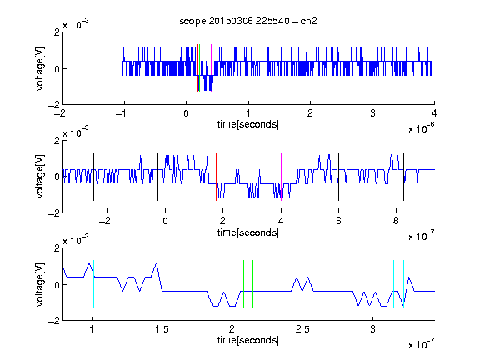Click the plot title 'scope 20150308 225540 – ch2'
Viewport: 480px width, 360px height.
[x=248, y=21]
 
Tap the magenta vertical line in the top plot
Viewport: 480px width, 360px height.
[x=211, y=68]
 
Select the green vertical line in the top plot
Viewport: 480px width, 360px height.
[x=200, y=68]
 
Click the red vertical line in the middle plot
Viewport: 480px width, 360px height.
[x=216, y=177]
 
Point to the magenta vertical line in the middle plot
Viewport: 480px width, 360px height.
[x=281, y=177]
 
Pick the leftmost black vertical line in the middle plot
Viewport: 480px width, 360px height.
[x=93, y=177]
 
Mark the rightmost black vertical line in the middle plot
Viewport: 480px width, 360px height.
[x=403, y=177]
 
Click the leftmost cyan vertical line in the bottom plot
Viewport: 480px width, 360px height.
[x=93, y=284]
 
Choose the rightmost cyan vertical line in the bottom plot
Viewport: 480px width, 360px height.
[x=404, y=284]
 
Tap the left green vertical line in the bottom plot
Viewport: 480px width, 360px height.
[x=243, y=284]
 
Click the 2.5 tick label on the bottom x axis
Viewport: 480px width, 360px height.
[x=302, y=329]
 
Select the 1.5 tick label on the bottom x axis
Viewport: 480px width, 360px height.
[x=162, y=329]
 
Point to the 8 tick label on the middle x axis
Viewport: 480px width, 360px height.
[x=396, y=221]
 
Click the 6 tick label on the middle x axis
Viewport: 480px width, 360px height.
[x=338, y=221]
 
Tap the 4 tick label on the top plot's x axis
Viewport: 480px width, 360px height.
[x=434, y=113]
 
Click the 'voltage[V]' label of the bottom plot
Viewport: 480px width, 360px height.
[x=40, y=284]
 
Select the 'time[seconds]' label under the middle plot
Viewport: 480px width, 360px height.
[x=248, y=232]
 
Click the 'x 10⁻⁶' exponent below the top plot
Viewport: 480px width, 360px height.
[x=422, y=128]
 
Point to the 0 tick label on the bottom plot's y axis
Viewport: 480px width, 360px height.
[x=57, y=285]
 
